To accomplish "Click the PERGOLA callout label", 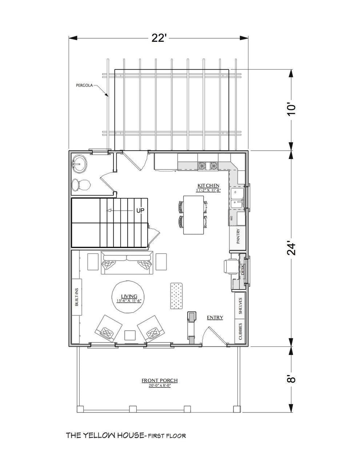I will (x=84, y=86).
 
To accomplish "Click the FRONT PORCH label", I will (x=160, y=381).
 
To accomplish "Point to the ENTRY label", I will (x=215, y=318).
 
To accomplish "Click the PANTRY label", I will (x=238, y=236).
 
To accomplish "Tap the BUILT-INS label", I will (x=77, y=297).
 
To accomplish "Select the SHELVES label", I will (x=240, y=306).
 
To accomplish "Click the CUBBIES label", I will (x=240, y=331).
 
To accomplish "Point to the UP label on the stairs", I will (x=140, y=210).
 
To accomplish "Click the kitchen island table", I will (x=193, y=215).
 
